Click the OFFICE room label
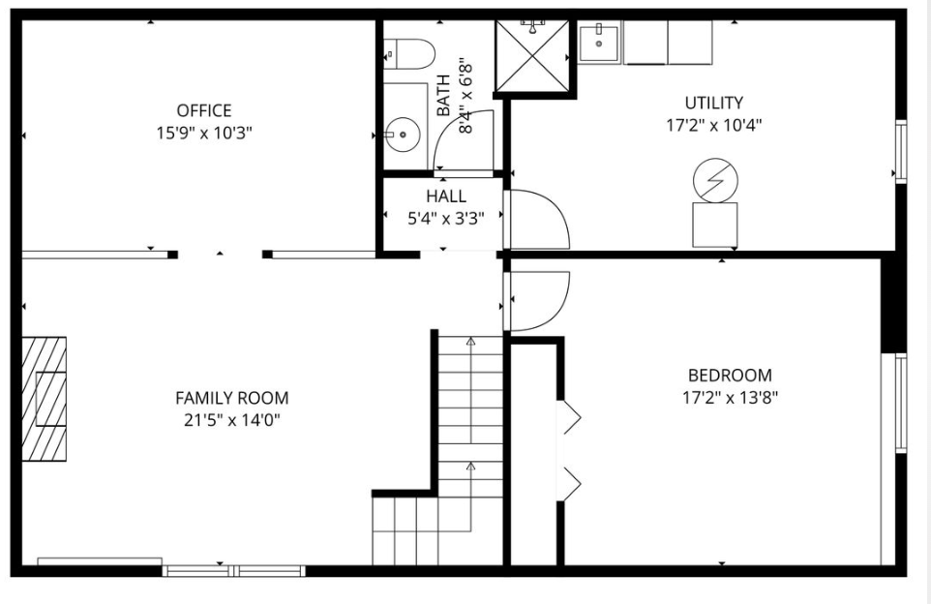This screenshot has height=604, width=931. (x=203, y=110)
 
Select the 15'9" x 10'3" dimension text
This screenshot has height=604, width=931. (x=203, y=133)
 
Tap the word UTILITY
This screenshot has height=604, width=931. (x=713, y=103)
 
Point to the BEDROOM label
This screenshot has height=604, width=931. (x=730, y=376)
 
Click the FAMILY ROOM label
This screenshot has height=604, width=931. (x=231, y=398)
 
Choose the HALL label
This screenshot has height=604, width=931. (x=446, y=196)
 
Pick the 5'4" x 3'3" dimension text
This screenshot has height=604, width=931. (x=446, y=219)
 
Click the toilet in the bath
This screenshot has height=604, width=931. (x=409, y=54)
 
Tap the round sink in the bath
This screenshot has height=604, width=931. (x=403, y=135)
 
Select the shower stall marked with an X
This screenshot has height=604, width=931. (x=532, y=56)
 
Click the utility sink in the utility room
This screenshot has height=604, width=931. (x=598, y=43)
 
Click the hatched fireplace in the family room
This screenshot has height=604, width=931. (x=44, y=399)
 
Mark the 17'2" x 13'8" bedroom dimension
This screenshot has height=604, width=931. (x=730, y=397)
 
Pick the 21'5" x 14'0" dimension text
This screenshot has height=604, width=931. (x=231, y=420)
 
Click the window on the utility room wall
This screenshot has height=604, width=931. (x=901, y=151)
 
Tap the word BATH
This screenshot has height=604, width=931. (x=443, y=95)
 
